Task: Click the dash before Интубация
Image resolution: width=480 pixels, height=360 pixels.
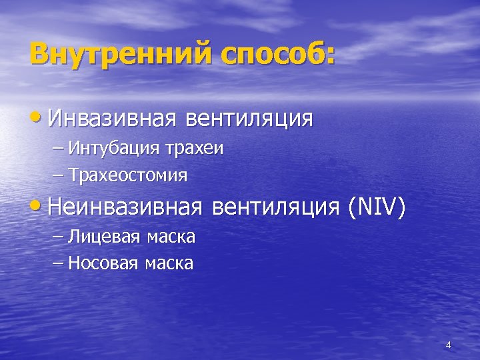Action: (56, 149)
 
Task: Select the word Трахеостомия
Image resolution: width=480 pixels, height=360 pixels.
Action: (128, 176)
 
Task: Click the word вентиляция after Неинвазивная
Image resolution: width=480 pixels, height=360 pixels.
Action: (277, 208)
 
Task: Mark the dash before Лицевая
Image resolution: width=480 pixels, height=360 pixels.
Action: (56, 237)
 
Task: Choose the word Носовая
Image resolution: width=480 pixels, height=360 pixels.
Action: (102, 263)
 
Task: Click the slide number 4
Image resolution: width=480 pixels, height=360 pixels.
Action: (448, 345)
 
